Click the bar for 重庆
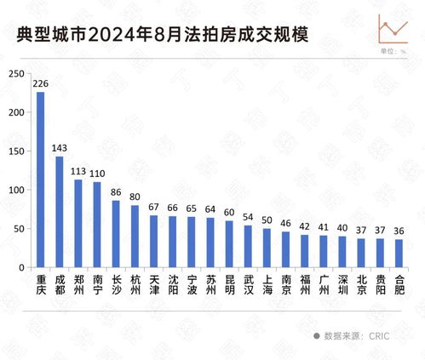pos(40,180)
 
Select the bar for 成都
pos(60,212)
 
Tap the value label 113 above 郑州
pos(78,170)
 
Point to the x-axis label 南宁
pos(97,283)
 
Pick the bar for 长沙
pos(116,234)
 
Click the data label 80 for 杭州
pos(135,197)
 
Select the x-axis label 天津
pos(153,283)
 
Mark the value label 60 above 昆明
pos(228,212)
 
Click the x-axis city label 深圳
pos(342,283)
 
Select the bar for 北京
pos(360,253)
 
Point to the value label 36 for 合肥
pos(399,231)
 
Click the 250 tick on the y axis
pos(15,74)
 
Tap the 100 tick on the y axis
pos(15,190)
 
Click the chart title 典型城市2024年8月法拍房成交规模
pos(162,34)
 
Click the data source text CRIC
pos(378,336)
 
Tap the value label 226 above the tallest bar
pos(40,83)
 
